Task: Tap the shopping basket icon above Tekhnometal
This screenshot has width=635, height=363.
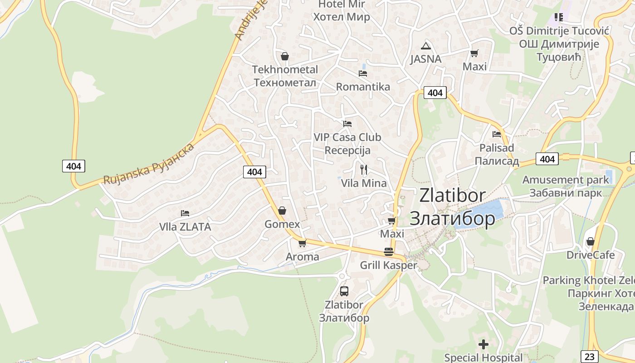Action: [285, 56]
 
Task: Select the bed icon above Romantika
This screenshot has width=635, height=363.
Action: [362, 73]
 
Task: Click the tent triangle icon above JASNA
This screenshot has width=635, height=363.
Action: [425, 45]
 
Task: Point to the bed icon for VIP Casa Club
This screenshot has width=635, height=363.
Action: [347, 123]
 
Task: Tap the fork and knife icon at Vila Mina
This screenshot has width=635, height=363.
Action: [363, 170]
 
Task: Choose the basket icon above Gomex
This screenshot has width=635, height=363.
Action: [282, 211]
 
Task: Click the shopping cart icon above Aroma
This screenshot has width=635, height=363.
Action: [303, 243]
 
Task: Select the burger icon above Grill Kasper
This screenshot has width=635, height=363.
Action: [389, 252]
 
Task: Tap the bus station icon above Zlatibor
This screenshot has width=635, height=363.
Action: [344, 291]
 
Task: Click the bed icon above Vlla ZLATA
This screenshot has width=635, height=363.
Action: [185, 213]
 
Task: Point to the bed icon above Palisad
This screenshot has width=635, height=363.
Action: [497, 134]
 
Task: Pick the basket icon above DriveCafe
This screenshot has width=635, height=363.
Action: [591, 241]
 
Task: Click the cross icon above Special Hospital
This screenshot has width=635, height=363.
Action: [484, 344]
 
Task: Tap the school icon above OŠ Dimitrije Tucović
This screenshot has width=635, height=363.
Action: [559, 17]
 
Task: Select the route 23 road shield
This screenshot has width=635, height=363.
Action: [589, 356]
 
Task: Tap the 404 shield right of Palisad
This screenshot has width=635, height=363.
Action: [547, 159]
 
